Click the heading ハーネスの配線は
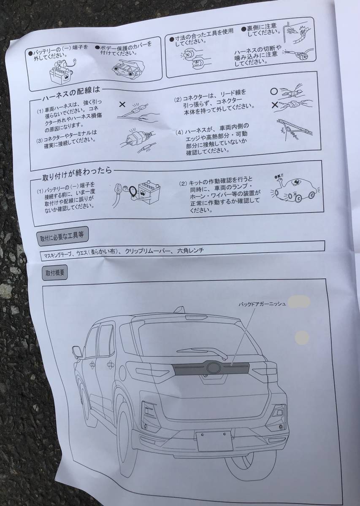72,92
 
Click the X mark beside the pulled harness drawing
122,104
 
